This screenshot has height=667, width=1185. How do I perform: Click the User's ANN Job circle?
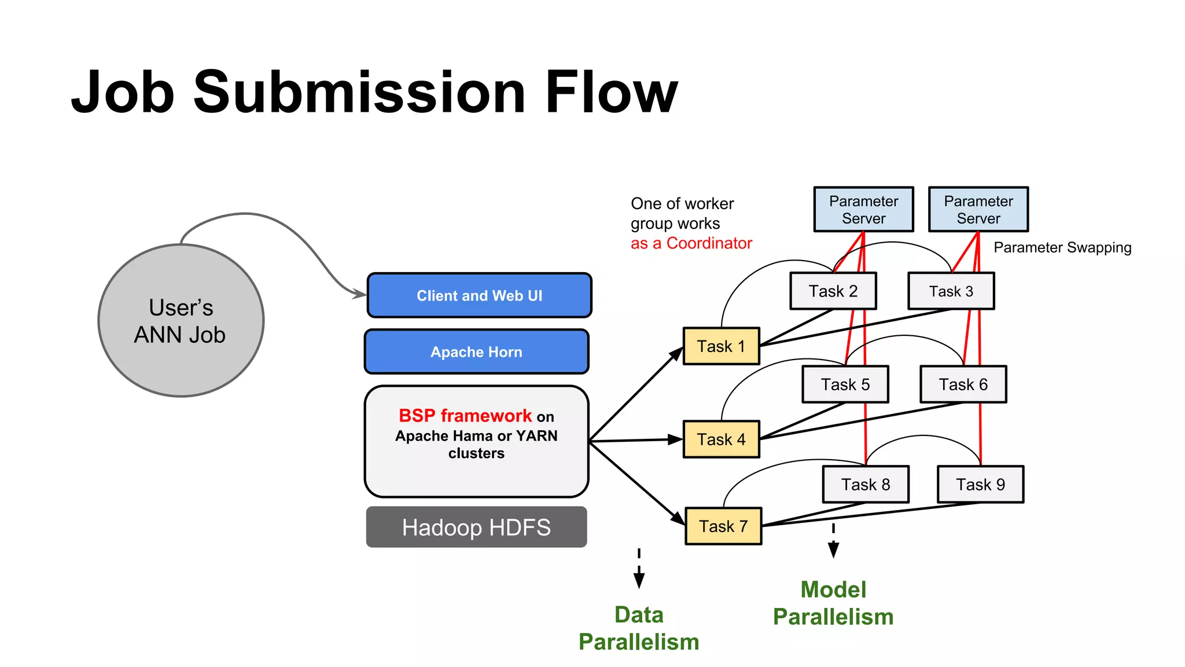[x=181, y=321]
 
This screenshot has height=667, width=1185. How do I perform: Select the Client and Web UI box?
[x=479, y=295]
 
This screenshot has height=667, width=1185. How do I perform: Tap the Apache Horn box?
[x=476, y=351]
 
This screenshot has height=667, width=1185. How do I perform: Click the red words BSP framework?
[x=465, y=416]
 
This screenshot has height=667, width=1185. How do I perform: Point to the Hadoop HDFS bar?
[x=476, y=527]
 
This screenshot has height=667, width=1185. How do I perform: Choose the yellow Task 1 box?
[x=721, y=346]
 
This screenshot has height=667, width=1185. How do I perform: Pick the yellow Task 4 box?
[x=721, y=439]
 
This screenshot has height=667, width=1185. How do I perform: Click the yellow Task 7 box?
[x=723, y=526]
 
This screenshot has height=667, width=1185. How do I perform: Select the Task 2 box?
[x=833, y=291]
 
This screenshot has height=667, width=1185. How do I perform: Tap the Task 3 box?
[x=951, y=291]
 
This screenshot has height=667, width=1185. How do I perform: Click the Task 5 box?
[x=845, y=384]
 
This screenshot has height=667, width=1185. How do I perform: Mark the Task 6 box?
[x=963, y=384]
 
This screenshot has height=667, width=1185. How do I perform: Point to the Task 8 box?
[x=866, y=485]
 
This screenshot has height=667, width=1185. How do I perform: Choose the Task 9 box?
[x=981, y=485]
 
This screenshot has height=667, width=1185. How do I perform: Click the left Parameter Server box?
[x=863, y=210]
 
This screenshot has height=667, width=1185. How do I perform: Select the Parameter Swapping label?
[x=1062, y=248]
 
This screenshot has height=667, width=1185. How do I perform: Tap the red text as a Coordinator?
[x=691, y=243]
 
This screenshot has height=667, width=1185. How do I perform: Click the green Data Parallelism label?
[x=639, y=628]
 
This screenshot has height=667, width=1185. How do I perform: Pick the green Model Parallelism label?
[x=833, y=603]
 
